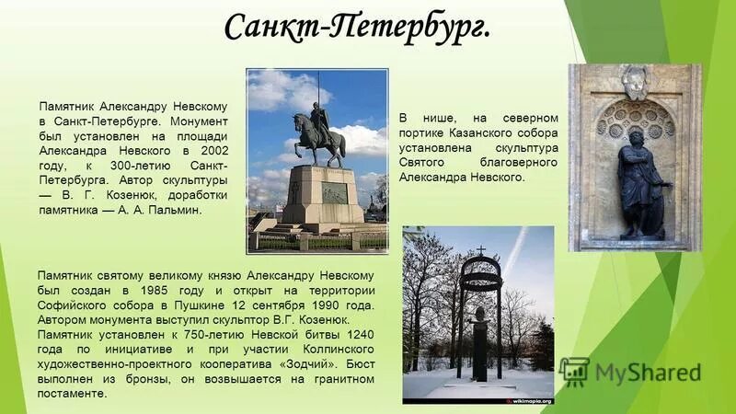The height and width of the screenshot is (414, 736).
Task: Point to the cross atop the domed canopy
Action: point(479,249)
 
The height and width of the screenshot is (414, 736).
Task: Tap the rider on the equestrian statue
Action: point(318,118)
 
